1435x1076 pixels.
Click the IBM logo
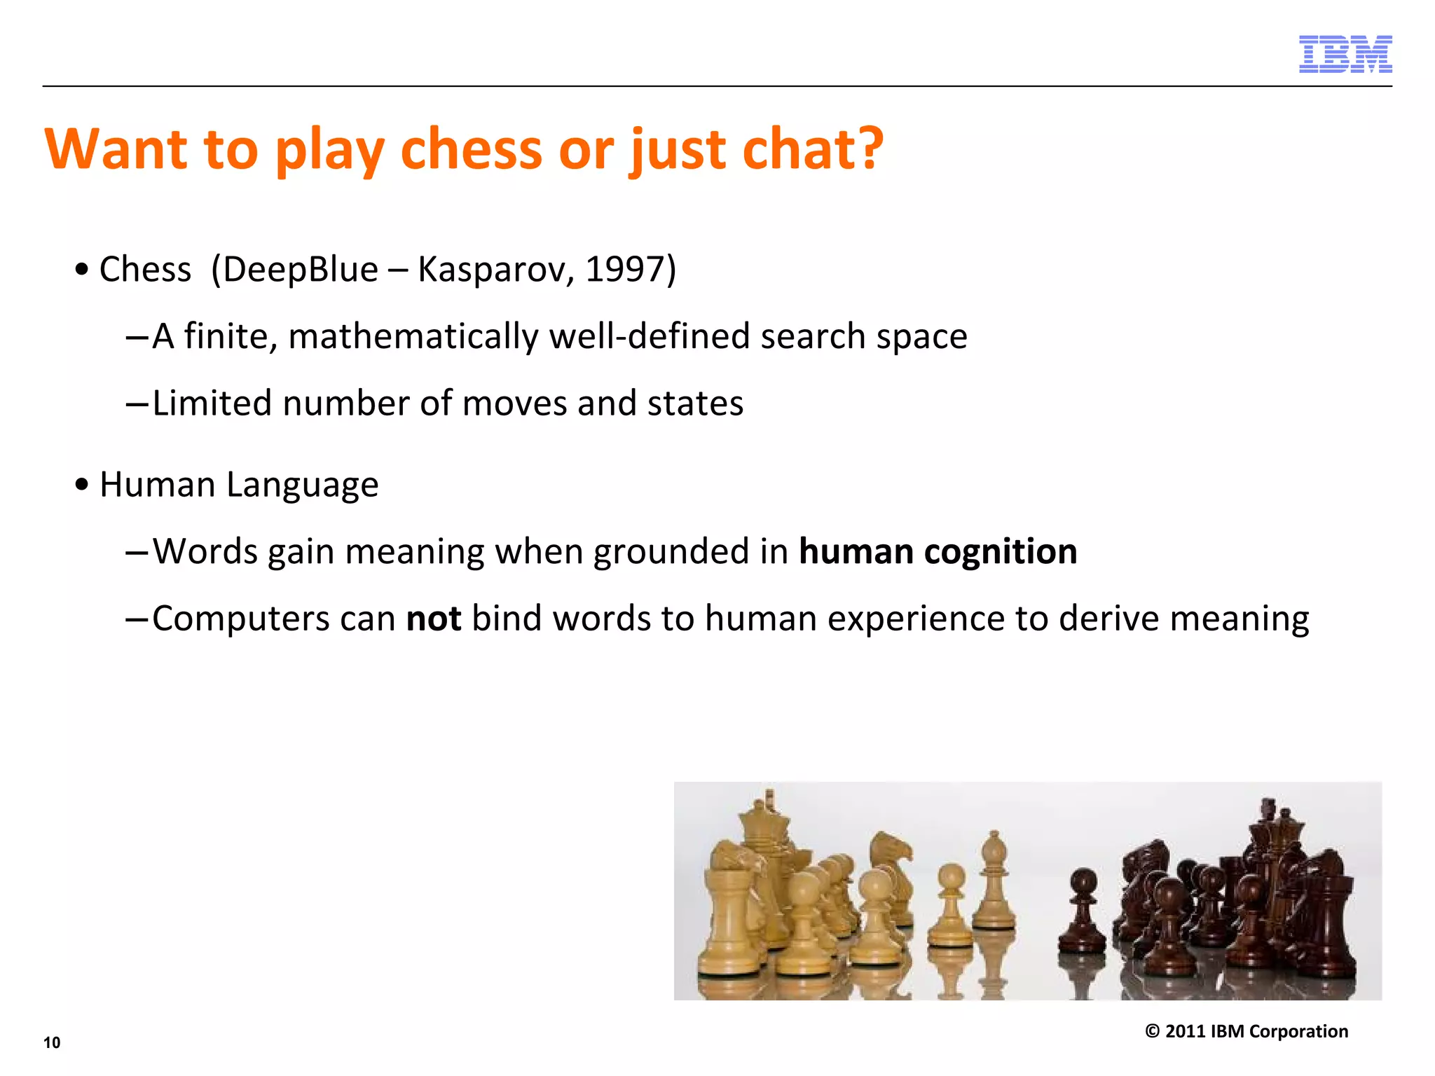click(x=1345, y=54)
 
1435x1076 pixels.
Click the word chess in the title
click(x=471, y=149)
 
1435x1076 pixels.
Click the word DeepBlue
click(x=301, y=270)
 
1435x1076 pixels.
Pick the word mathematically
click(x=413, y=337)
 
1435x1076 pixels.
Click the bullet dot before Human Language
click(x=83, y=485)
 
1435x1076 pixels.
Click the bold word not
click(x=434, y=619)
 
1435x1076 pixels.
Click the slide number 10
click(x=52, y=1042)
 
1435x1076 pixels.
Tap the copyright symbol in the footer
click(x=1152, y=1031)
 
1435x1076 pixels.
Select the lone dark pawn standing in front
click(x=1083, y=911)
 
